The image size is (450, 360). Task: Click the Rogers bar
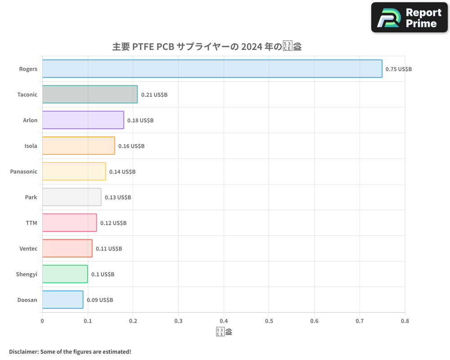click(212, 69)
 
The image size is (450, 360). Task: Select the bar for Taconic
click(90, 94)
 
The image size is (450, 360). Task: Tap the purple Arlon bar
click(83, 120)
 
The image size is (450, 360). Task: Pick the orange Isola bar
click(79, 146)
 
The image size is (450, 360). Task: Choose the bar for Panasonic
click(74, 171)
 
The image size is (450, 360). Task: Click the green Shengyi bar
click(65, 274)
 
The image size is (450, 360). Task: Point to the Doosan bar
click(63, 300)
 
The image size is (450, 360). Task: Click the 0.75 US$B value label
click(399, 69)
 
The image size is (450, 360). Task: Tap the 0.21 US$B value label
click(154, 95)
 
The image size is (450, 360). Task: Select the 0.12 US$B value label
click(113, 223)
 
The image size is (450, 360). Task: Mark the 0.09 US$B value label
click(100, 300)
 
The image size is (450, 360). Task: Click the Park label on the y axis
click(31, 197)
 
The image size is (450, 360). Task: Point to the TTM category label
click(31, 223)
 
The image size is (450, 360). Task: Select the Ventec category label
click(28, 248)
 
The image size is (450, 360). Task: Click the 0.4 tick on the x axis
click(224, 321)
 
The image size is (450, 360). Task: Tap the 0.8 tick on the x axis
click(405, 321)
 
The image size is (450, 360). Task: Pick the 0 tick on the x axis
click(42, 321)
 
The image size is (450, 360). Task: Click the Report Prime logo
click(409, 18)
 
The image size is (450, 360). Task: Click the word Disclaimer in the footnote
click(23, 351)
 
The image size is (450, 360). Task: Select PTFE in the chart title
click(143, 47)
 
